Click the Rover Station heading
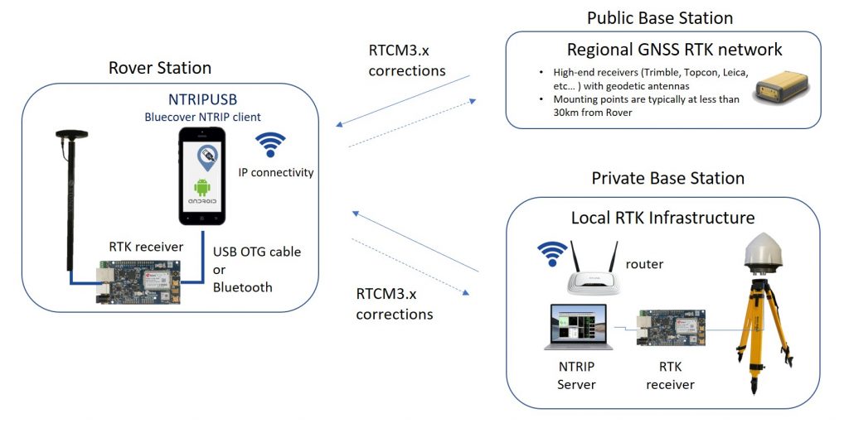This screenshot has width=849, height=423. point(160,68)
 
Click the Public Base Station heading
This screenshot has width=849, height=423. point(660,17)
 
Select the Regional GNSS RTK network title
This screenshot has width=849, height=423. point(674,49)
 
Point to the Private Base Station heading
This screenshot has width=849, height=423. point(667,178)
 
